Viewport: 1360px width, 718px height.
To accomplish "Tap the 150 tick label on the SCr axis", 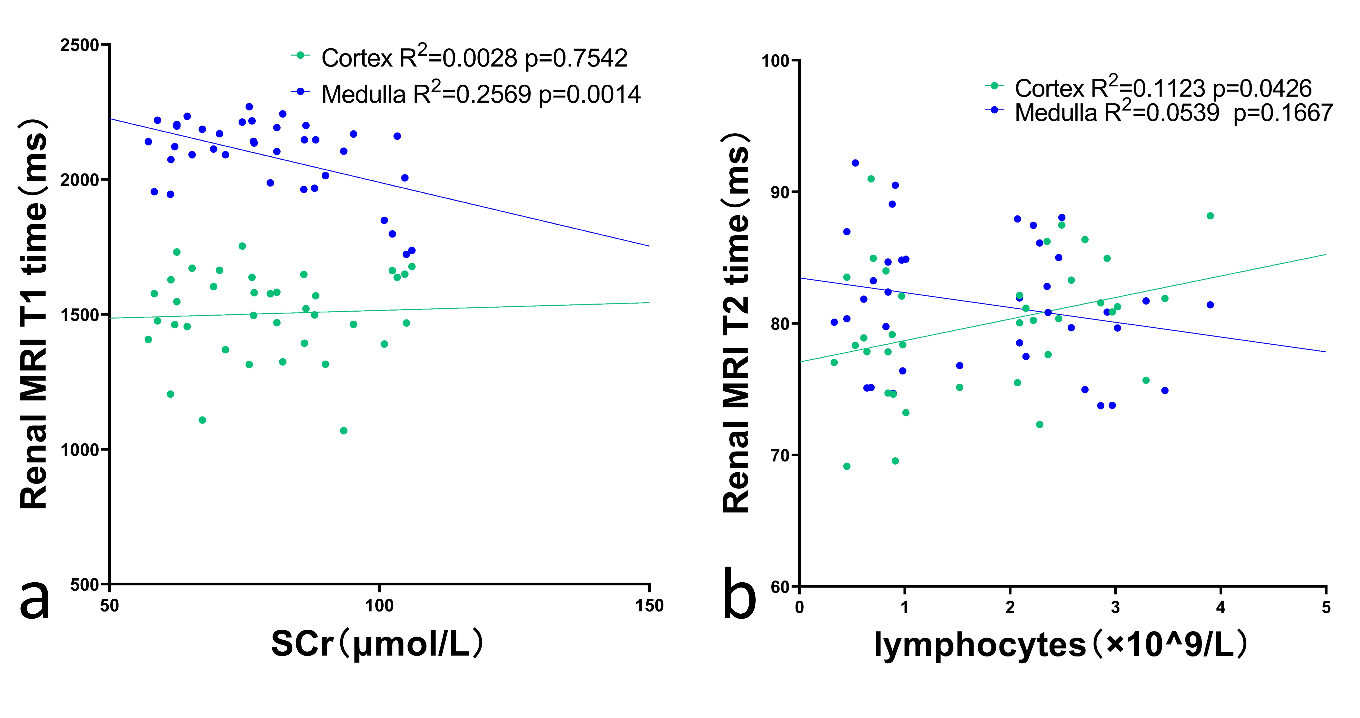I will tap(649, 606).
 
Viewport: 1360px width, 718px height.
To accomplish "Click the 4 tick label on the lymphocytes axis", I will tap(1220, 608).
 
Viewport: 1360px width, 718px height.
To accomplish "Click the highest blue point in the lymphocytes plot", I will tap(855, 163).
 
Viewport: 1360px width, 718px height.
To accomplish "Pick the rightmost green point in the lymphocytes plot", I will tap(1210, 216).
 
